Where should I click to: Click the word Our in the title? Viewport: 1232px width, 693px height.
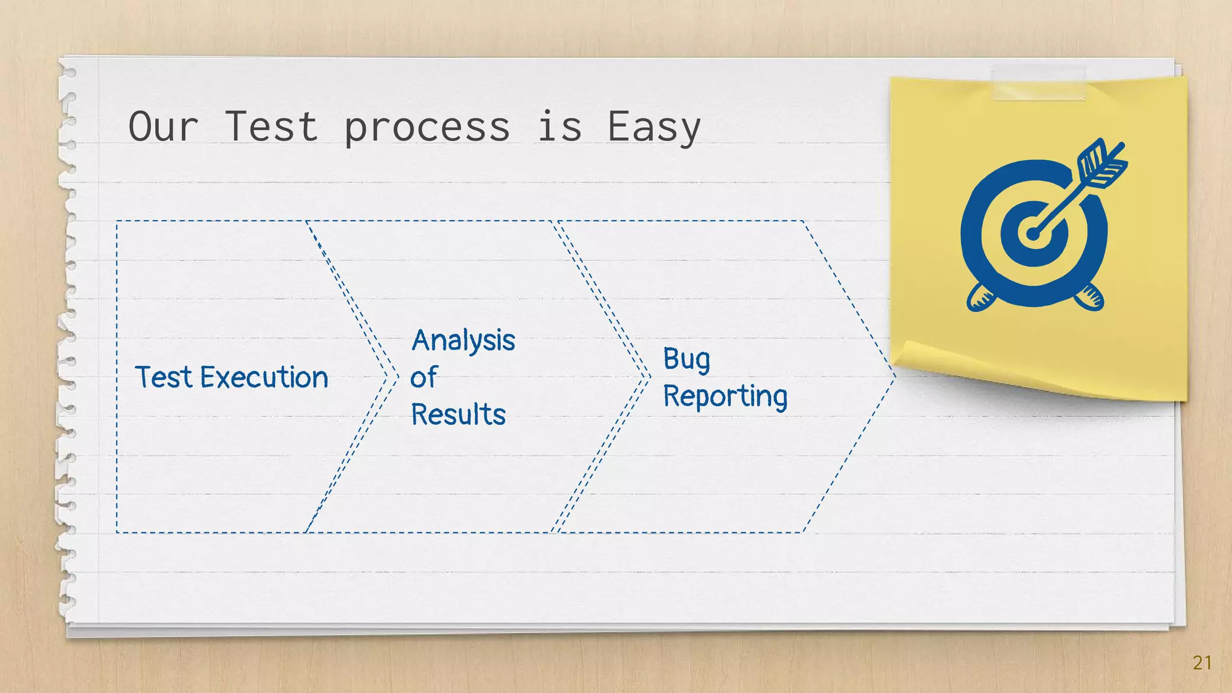pyautogui.click(x=163, y=127)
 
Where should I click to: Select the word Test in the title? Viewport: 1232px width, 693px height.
pyautogui.click(x=271, y=127)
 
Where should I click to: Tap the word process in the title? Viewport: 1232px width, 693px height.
pyautogui.click(x=427, y=128)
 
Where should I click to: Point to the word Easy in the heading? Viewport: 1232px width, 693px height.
pyautogui.click(x=654, y=128)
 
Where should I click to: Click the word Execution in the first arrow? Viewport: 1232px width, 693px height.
pyautogui.click(x=264, y=378)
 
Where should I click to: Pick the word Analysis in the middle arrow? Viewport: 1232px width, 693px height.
pyautogui.click(x=463, y=340)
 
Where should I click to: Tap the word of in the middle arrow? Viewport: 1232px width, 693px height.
pyautogui.click(x=423, y=378)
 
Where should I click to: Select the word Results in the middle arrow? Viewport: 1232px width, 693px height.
pyautogui.click(x=458, y=414)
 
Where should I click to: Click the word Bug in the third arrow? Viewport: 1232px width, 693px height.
pyautogui.click(x=686, y=360)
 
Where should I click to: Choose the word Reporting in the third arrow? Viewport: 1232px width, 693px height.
pyautogui.click(x=725, y=396)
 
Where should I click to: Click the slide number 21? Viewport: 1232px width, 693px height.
pyautogui.click(x=1202, y=662)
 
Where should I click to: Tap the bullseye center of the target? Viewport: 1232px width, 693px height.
pyautogui.click(x=1033, y=234)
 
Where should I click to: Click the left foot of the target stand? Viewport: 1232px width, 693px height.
pyautogui.click(x=981, y=298)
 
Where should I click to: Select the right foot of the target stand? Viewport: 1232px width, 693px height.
pyautogui.click(x=1089, y=298)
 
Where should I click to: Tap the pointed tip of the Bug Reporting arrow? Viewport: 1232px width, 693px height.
pyautogui.click(x=895, y=377)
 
